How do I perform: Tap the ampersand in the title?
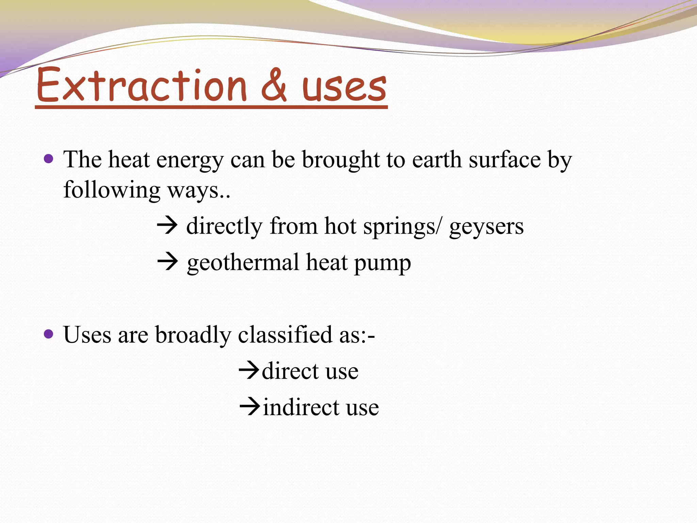point(274,85)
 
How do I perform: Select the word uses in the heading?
point(344,87)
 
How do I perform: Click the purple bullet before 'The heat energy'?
point(49,159)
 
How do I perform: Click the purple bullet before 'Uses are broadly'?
point(49,334)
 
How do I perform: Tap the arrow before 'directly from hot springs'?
point(167,225)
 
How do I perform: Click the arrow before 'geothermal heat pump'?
point(167,262)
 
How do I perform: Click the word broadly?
point(193,335)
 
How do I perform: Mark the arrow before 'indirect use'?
point(250,407)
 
